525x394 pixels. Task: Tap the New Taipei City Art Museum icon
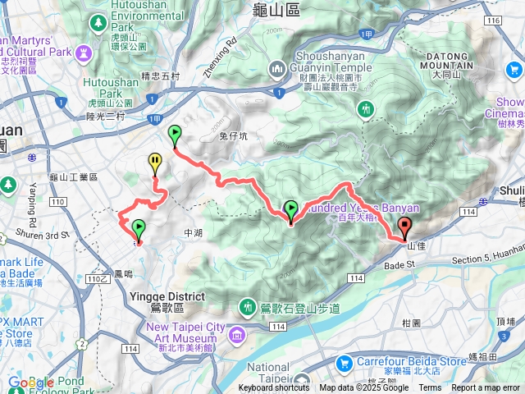click(238, 334)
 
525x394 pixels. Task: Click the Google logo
click(31, 383)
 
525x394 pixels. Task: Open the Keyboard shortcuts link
click(274, 388)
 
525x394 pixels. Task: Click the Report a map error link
click(486, 388)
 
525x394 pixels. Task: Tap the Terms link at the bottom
click(430, 388)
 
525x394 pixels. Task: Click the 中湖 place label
click(193, 233)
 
